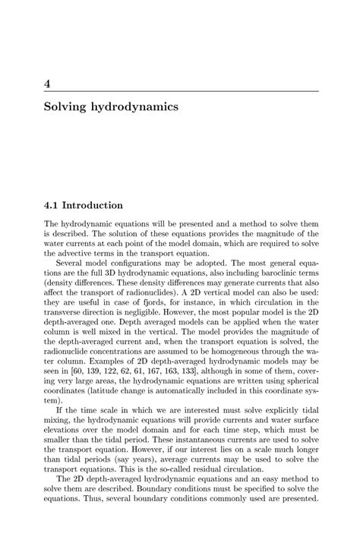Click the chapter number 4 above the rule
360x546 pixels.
47,82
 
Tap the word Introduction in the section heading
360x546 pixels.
93,205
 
